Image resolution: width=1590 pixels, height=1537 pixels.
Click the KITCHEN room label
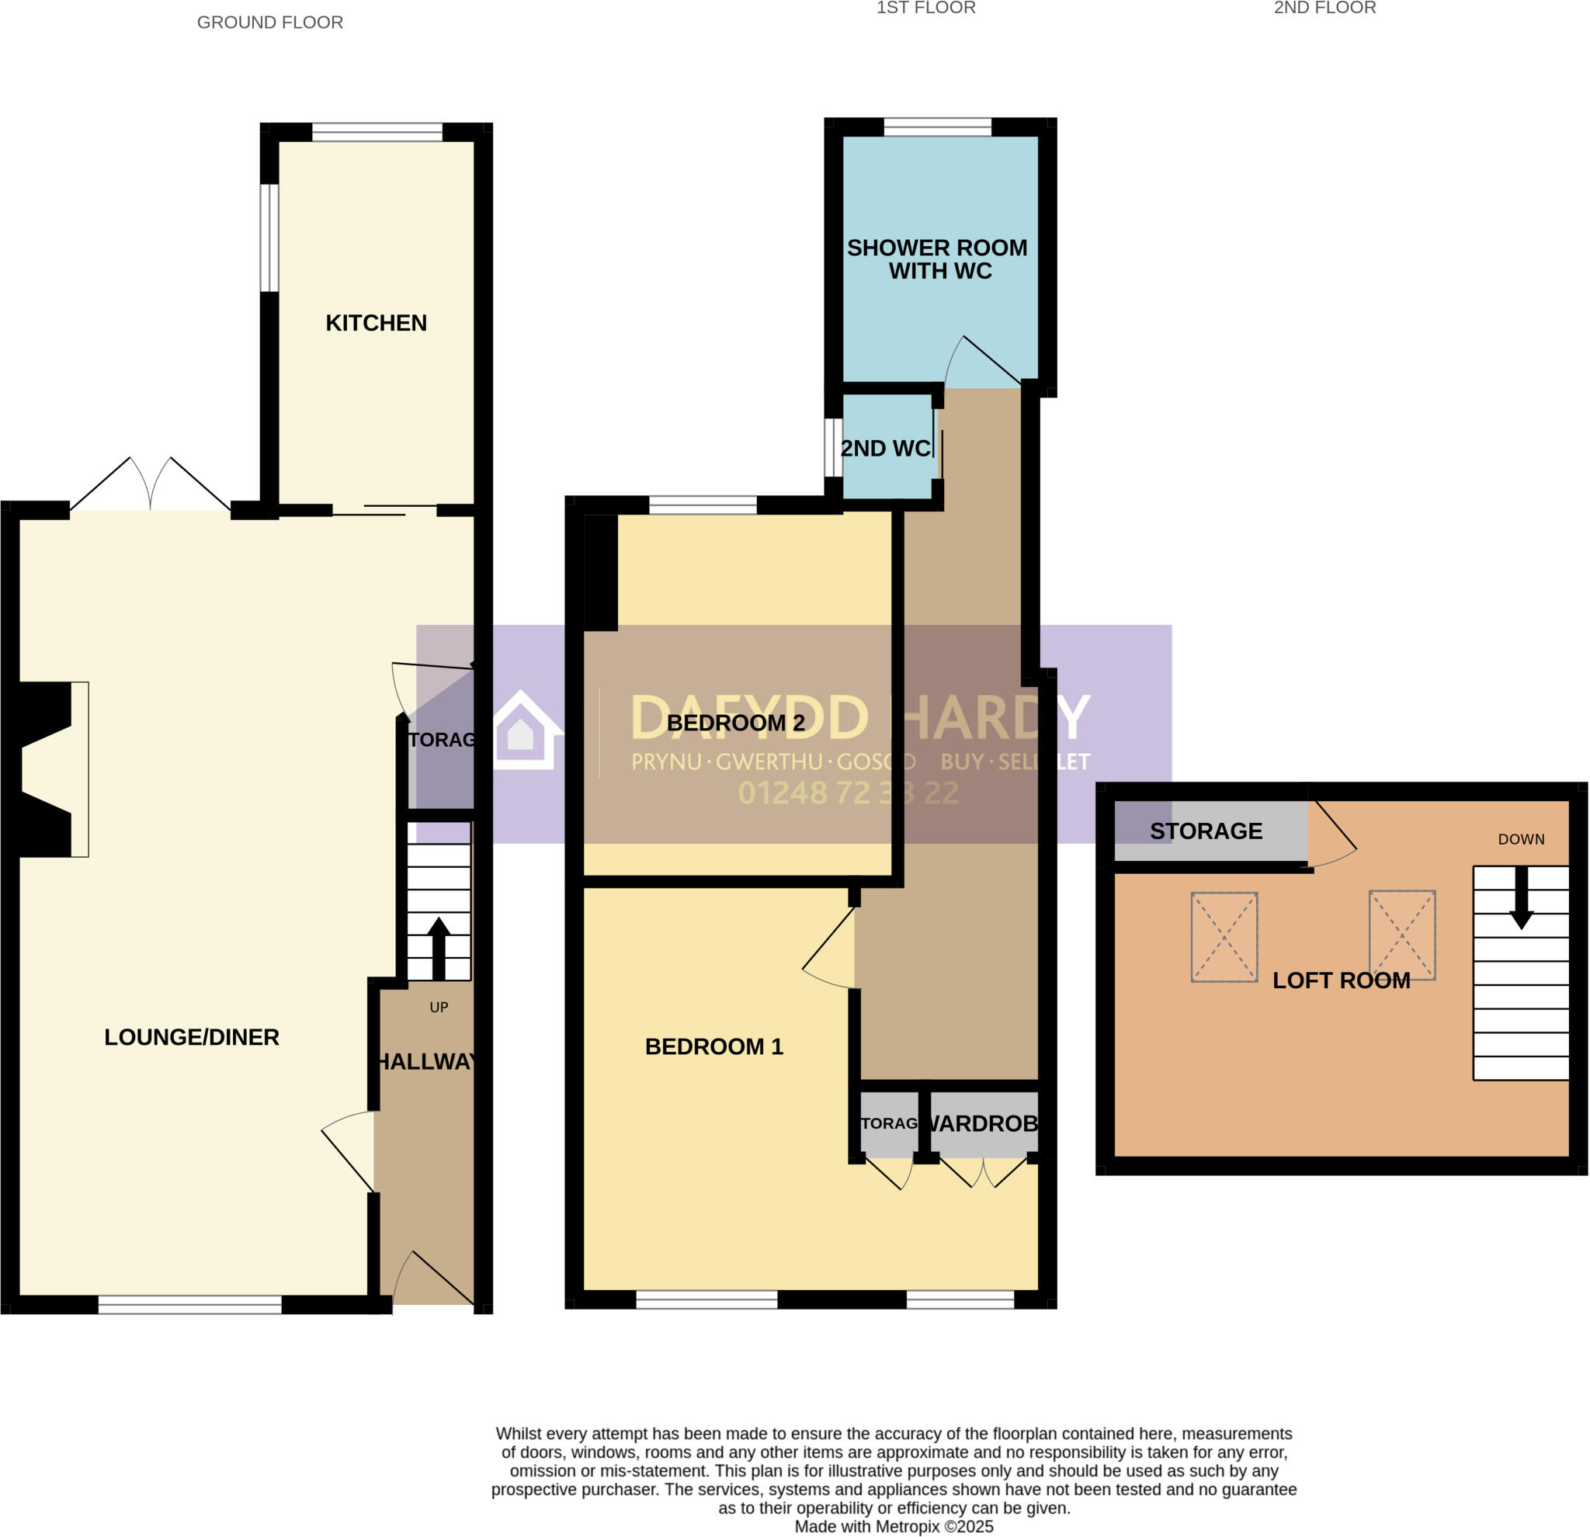coord(376,323)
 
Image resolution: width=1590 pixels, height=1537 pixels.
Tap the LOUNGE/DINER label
coord(192,1036)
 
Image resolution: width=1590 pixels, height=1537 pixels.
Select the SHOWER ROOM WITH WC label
coord(937,258)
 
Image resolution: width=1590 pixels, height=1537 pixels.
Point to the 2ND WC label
coord(885,449)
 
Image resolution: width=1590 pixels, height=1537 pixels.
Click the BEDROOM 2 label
coord(735,723)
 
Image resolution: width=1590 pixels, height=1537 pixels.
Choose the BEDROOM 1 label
coord(714,1046)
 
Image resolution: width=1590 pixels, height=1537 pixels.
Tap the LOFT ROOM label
coord(1341,980)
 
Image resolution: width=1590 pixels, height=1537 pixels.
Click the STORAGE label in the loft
coord(1206,831)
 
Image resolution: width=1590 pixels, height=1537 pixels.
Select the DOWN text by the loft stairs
coord(1521,839)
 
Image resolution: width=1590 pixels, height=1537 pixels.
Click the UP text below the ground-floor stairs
coord(439,1008)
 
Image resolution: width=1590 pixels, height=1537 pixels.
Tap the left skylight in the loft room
coord(1224,937)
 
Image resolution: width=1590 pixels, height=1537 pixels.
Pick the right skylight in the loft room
coord(1402,935)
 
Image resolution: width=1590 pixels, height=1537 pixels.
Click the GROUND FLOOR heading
coord(270,23)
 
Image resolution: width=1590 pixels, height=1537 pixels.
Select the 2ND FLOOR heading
coord(1324,8)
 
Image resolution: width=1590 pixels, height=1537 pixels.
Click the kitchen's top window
coord(377,131)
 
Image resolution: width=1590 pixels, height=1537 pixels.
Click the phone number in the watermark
coord(848,793)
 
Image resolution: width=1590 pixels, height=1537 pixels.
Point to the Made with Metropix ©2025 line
coord(893,1526)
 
